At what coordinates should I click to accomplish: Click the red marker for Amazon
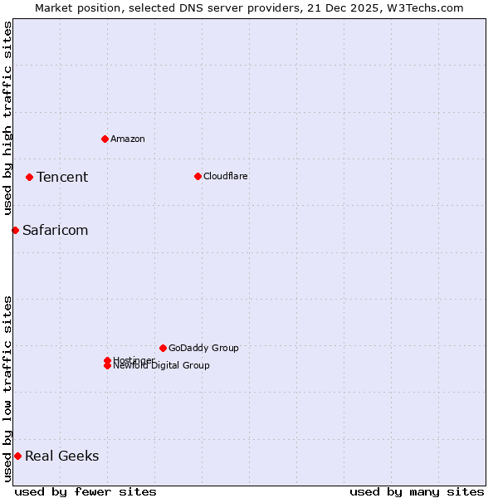[105, 139]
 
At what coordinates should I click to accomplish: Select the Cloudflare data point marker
[198, 176]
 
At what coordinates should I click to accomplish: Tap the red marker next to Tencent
[29, 177]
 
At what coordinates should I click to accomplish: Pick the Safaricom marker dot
[15, 230]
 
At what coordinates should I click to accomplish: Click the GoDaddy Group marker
[163, 348]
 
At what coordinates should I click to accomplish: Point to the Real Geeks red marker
[17, 456]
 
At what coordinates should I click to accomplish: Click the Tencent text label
[62, 177]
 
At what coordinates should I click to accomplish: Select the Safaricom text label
[55, 230]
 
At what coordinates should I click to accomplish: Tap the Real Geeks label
[61, 456]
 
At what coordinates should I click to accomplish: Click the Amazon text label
[127, 139]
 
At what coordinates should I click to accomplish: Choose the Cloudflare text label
[225, 176]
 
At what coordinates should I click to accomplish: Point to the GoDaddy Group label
[203, 348]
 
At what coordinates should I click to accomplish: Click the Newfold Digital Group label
[161, 366]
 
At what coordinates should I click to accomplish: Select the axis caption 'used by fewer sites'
[85, 491]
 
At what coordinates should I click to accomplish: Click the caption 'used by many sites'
[417, 491]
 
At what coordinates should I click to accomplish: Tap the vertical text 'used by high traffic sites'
[7, 118]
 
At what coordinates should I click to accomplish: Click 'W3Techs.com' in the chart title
[428, 7]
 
